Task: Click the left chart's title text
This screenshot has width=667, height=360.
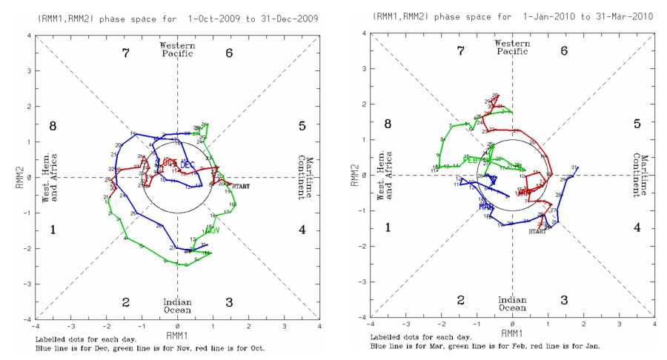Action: click(177, 16)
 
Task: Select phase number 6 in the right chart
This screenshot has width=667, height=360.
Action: click(564, 51)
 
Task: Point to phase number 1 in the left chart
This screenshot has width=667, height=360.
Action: click(53, 230)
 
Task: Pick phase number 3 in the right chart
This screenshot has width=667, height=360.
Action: click(564, 300)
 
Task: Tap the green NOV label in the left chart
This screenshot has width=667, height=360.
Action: click(214, 230)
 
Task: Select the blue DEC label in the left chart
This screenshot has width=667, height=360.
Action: click(188, 164)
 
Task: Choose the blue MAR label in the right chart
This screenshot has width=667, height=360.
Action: click(486, 207)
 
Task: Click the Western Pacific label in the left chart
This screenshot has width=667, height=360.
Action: click(177, 50)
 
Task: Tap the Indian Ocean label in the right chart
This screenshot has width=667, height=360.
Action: click(512, 304)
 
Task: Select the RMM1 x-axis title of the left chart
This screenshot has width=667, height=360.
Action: click(177, 334)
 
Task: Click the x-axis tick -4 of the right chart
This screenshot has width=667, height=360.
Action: click(371, 324)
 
